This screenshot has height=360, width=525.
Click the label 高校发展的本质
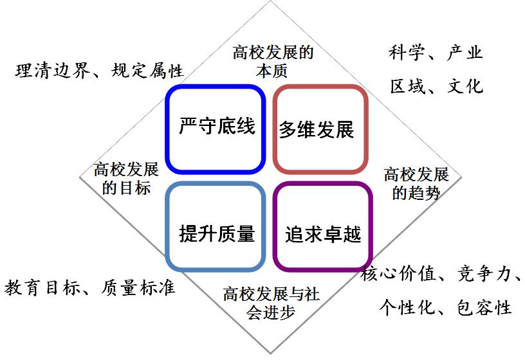(x=273, y=62)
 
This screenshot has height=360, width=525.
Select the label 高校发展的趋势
(x=416, y=184)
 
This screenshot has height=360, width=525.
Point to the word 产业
(x=465, y=53)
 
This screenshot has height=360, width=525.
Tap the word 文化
(x=465, y=86)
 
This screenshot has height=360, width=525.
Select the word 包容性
(x=484, y=308)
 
